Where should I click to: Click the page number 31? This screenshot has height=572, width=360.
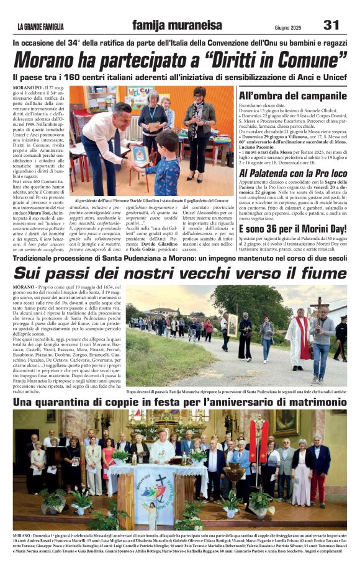tap(331, 25)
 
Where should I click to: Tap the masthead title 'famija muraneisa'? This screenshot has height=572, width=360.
tap(177, 25)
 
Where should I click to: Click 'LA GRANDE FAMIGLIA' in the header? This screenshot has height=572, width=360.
tap(40, 27)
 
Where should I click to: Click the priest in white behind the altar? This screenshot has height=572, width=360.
tap(162, 448)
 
